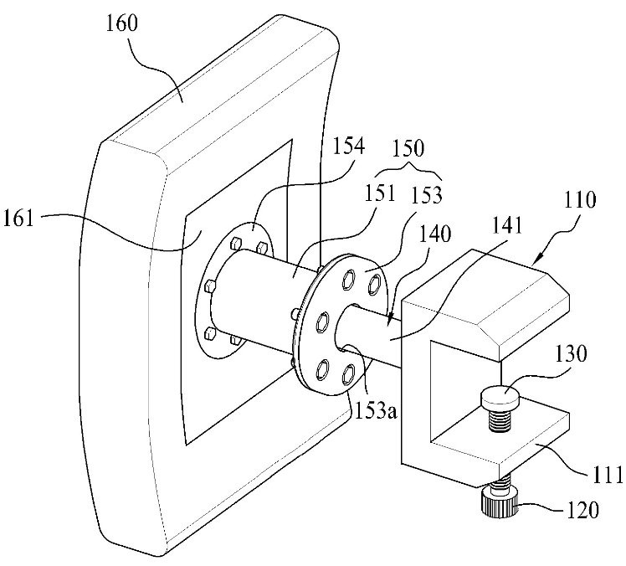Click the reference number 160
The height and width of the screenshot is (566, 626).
pyautogui.click(x=121, y=23)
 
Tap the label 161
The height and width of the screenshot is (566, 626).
pyautogui.click(x=18, y=219)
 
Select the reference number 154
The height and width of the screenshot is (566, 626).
pyautogui.click(x=348, y=147)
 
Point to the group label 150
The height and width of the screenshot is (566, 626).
pyautogui.click(x=408, y=148)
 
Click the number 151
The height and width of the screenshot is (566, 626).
pyautogui.click(x=378, y=193)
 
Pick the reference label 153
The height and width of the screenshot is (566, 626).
pyautogui.click(x=426, y=195)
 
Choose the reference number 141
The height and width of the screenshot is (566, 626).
pyautogui.click(x=506, y=226)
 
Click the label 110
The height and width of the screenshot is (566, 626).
pyautogui.click(x=580, y=199)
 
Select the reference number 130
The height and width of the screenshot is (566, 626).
pyautogui.click(x=571, y=353)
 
